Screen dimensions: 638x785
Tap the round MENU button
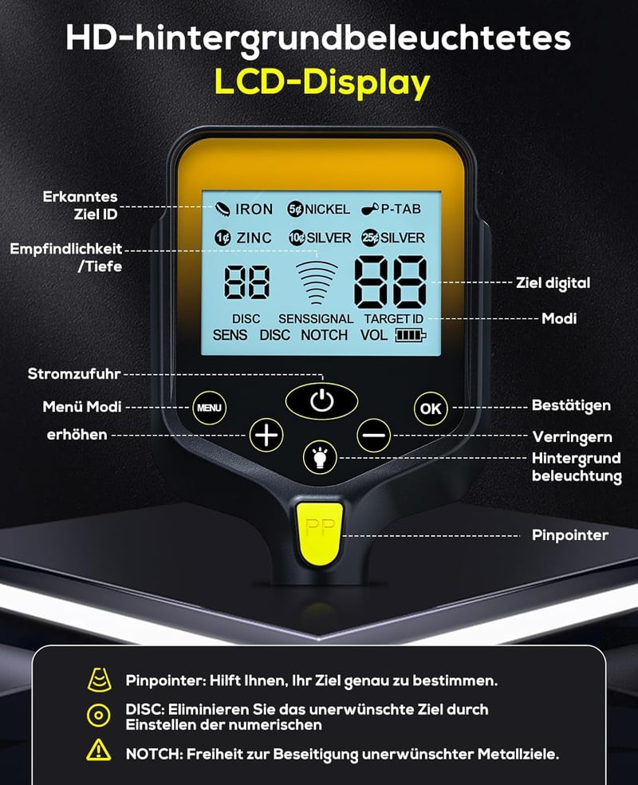click(x=209, y=408)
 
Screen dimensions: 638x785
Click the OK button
click(x=431, y=408)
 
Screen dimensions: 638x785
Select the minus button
click(x=374, y=435)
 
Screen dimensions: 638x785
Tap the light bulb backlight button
click(x=321, y=456)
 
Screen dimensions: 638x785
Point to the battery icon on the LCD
click(x=411, y=335)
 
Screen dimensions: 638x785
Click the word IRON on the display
click(x=254, y=209)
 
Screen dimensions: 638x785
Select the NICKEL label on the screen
click(x=327, y=209)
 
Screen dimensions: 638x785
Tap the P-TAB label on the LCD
click(x=401, y=209)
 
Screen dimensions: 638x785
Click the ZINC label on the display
click(x=254, y=238)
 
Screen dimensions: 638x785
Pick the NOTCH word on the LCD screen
click(x=325, y=335)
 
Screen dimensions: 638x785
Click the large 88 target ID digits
click(x=390, y=282)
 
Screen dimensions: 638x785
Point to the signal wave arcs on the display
click(x=317, y=282)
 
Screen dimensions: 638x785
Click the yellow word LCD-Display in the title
click(x=322, y=82)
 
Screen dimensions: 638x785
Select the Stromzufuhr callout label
click(x=74, y=374)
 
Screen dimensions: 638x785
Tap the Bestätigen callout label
click(x=571, y=405)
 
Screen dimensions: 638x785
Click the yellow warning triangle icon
click(x=99, y=750)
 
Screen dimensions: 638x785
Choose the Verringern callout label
click(x=572, y=437)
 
